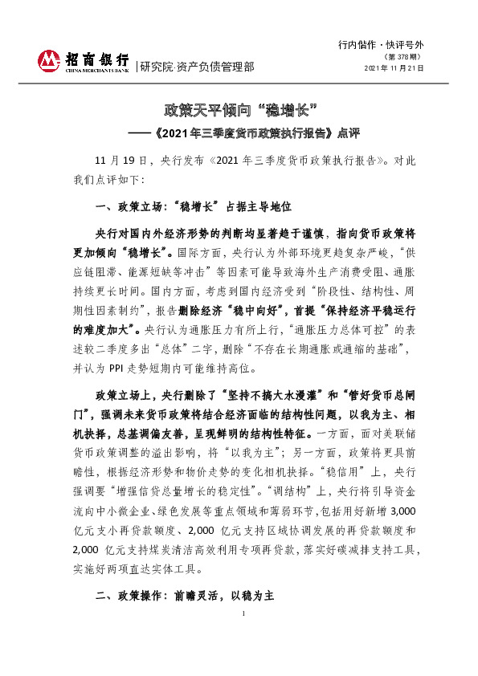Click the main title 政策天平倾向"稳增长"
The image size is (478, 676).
pyautogui.click(x=238, y=108)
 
